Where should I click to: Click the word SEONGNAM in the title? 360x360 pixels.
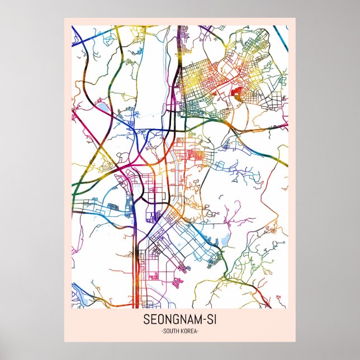(171, 321)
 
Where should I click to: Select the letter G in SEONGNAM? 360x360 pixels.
(176, 321)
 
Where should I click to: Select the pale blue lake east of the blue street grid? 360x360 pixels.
(225, 240)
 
